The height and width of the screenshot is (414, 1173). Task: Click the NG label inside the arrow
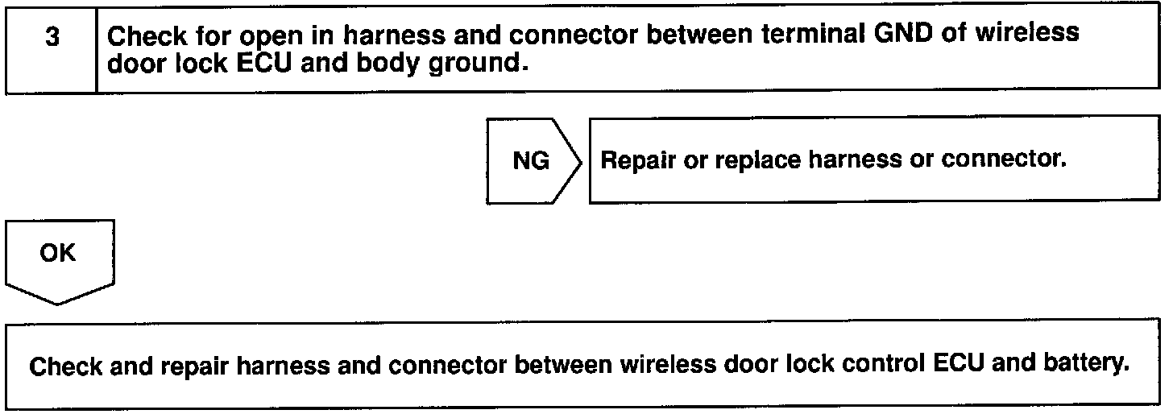coord(531,161)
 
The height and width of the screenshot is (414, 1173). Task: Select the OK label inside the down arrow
coord(59,253)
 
